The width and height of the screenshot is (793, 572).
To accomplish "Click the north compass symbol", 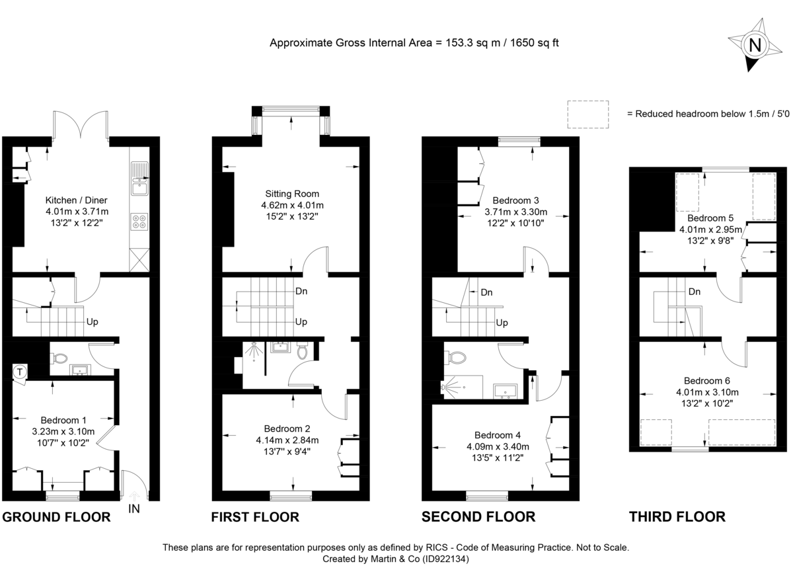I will pyautogui.click(x=753, y=45).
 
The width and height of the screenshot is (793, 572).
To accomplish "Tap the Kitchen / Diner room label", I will pyautogui.click(x=76, y=200).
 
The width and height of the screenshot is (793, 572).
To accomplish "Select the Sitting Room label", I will pyautogui.click(x=292, y=194).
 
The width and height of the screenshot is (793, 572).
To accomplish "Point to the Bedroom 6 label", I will pyautogui.click(x=706, y=380).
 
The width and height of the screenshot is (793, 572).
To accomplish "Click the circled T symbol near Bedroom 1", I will pyautogui.click(x=20, y=372).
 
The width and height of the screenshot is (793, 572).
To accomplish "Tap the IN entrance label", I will pyautogui.click(x=134, y=509).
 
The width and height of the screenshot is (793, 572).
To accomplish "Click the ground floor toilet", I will pyautogui.click(x=59, y=358).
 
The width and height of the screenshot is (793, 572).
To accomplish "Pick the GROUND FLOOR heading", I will pyautogui.click(x=56, y=517).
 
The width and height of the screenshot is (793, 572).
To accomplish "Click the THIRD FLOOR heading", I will pyautogui.click(x=677, y=517).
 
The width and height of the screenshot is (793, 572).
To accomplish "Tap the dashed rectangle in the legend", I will pyautogui.click(x=587, y=114).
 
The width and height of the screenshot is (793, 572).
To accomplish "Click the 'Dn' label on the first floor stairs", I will pyautogui.click(x=301, y=292).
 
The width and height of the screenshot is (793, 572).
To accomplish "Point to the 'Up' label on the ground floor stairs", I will pyautogui.click(x=93, y=322).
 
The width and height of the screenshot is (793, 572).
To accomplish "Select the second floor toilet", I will pyautogui.click(x=455, y=358).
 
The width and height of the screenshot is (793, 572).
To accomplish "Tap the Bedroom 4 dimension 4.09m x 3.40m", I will pyautogui.click(x=502, y=447).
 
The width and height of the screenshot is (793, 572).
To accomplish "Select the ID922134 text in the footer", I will pyautogui.click(x=445, y=559).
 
